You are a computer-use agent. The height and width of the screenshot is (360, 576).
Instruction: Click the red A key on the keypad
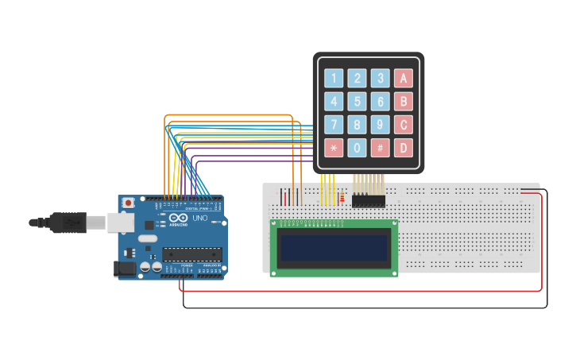[x=404, y=78]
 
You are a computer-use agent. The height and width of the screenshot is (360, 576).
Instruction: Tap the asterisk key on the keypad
[x=334, y=148]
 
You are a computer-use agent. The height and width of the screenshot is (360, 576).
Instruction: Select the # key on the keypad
[x=381, y=148]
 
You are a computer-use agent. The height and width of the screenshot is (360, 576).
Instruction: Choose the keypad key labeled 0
[x=358, y=148]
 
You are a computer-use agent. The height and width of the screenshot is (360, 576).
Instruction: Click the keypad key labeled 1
[x=334, y=78]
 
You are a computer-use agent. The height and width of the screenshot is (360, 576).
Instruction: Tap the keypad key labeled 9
[x=381, y=125]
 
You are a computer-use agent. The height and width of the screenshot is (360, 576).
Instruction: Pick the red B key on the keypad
[x=404, y=102]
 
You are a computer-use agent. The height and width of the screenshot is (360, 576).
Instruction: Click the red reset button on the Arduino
[x=128, y=203]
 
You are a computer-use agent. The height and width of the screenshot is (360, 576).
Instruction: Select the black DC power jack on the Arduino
[x=126, y=269]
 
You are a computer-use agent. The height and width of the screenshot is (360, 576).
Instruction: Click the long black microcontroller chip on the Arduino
[x=191, y=254]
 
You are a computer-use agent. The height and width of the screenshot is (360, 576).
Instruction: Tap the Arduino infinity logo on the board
[x=180, y=219]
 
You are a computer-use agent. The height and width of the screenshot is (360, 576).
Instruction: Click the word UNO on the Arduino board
[x=199, y=219]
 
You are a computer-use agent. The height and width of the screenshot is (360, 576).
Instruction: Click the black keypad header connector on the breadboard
[x=369, y=201]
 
